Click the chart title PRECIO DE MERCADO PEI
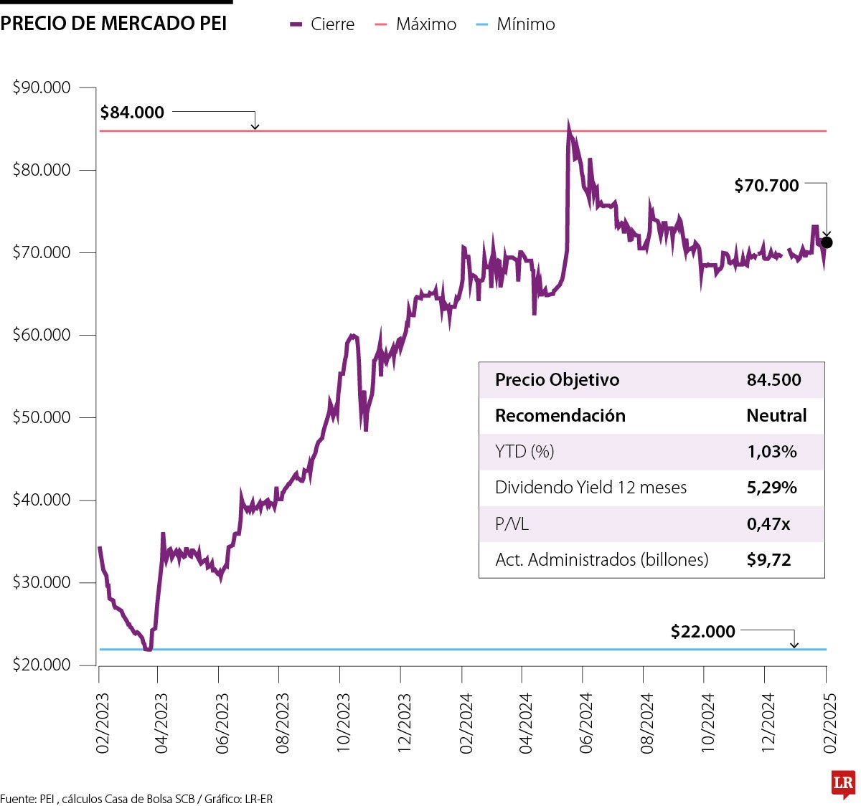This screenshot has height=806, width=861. [x=113, y=24]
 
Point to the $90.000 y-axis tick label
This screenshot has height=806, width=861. [x=42, y=87]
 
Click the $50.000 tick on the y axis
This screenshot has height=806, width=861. [x=42, y=417]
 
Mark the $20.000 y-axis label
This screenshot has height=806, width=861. [x=42, y=665]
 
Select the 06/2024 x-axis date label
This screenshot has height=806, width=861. [x=586, y=723]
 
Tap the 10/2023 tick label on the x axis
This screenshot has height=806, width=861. [x=344, y=723]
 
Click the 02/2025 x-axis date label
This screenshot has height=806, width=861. [x=830, y=723]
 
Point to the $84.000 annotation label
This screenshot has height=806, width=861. [x=132, y=113]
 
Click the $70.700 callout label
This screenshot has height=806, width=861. [x=766, y=186]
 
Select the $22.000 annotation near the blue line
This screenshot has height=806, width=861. [x=702, y=632]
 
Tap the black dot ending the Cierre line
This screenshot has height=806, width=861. [x=827, y=242]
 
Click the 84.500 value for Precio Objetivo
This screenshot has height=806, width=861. [x=773, y=380]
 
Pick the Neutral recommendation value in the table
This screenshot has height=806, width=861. [x=776, y=416]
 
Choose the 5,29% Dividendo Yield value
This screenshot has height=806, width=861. [x=771, y=488]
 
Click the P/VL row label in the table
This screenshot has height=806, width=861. [x=512, y=524]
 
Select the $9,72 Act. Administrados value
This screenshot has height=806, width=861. [x=768, y=560]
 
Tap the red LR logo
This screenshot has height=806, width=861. [x=843, y=784]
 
